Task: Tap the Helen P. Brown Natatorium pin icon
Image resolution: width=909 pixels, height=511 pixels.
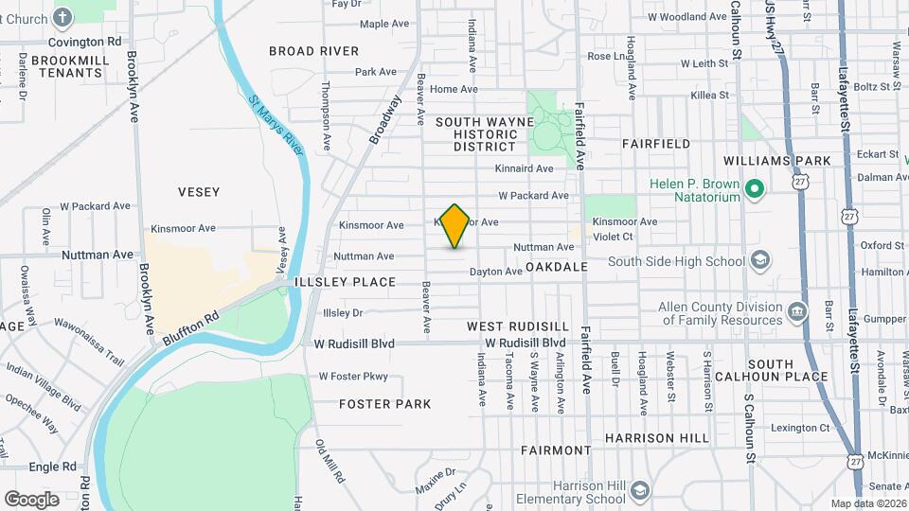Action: pyautogui.click(x=755, y=190)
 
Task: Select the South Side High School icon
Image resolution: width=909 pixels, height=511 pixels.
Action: pyautogui.click(x=759, y=260)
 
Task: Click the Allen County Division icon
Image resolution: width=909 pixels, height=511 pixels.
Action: pyautogui.click(x=797, y=312)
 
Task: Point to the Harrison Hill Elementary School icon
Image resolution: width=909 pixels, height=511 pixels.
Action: pyautogui.click(x=640, y=491)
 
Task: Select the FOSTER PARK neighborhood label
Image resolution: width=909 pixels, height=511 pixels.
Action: pyautogui.click(x=385, y=404)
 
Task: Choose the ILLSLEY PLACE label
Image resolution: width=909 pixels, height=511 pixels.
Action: pyautogui.click(x=345, y=282)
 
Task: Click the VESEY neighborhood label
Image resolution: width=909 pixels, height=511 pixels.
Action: pyautogui.click(x=199, y=192)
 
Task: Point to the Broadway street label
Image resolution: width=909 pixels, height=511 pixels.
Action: pyautogui.click(x=385, y=119)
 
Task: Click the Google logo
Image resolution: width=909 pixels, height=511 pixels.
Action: pyautogui.click(x=31, y=499)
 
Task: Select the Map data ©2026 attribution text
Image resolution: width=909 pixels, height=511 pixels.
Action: pyautogui.click(x=867, y=503)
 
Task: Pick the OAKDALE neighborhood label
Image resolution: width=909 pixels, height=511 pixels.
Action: pyautogui.click(x=557, y=267)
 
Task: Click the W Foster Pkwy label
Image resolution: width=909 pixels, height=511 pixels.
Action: pyautogui.click(x=353, y=377)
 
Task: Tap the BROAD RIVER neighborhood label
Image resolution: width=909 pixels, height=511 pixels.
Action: pyautogui.click(x=313, y=51)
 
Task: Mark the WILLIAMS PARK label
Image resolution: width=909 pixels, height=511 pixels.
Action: pyautogui.click(x=777, y=161)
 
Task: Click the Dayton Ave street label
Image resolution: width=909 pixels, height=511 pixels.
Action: pyautogui.click(x=496, y=272)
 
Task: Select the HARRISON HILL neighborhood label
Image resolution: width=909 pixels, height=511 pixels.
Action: pyautogui.click(x=656, y=438)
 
